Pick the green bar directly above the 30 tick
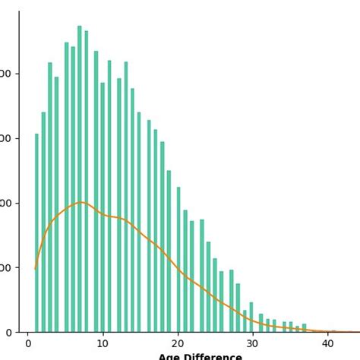coord(251,317)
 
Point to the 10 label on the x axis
coord(103,344)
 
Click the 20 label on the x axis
coord(178,344)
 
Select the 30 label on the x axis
coord(252,344)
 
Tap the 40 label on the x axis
coord(327,344)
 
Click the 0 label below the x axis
coord(28,344)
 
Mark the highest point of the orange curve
coord(81,202)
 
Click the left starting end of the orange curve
coord(36,268)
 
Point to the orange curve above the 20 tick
coord(178,269)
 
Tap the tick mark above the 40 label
coord(327,334)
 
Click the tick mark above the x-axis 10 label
coord(103,334)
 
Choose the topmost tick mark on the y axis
coord(17,74)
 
